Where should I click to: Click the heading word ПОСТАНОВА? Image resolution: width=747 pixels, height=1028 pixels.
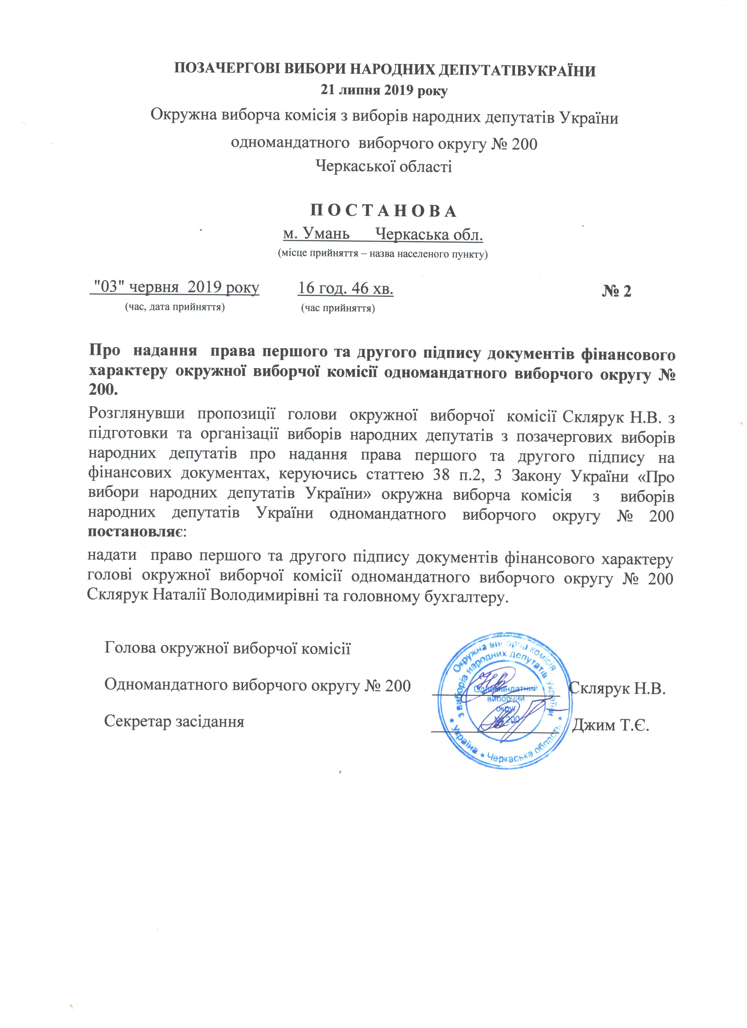[383, 212]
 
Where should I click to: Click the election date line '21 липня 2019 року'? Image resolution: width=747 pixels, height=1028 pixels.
[384, 91]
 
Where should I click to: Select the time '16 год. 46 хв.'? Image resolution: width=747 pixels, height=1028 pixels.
[346, 289]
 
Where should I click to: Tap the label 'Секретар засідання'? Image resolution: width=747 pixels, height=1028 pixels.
[174, 721]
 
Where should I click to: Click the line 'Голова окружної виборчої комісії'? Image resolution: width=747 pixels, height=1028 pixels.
[227, 648]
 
